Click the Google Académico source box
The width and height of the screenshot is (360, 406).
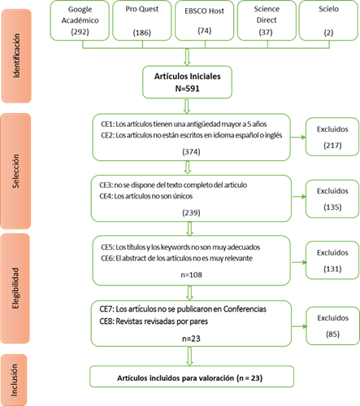point(80,20)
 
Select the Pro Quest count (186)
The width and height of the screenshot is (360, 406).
point(142,33)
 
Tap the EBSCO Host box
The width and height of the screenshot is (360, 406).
point(205,20)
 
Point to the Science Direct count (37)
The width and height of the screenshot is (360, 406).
point(266,33)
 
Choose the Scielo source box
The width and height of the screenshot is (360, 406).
point(328,20)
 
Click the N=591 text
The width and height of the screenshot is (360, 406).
point(187,89)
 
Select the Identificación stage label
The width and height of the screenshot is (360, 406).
point(16,56)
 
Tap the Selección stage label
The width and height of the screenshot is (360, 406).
point(15,171)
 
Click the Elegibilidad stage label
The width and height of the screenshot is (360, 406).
point(15,288)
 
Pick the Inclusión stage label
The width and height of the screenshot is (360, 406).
point(14,380)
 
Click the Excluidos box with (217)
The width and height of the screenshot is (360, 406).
point(332,137)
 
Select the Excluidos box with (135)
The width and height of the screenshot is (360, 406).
point(332,199)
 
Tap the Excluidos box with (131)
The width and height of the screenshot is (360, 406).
point(332,260)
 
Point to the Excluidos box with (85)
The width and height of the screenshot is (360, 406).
point(332,325)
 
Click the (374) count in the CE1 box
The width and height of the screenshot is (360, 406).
point(191,151)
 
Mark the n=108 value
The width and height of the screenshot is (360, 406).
point(191,275)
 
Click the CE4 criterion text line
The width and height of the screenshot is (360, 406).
point(146,196)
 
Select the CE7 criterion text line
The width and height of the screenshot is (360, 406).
point(183,309)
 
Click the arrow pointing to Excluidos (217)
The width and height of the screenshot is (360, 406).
point(298,138)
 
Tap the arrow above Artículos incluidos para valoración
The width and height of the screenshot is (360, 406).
point(189,356)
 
